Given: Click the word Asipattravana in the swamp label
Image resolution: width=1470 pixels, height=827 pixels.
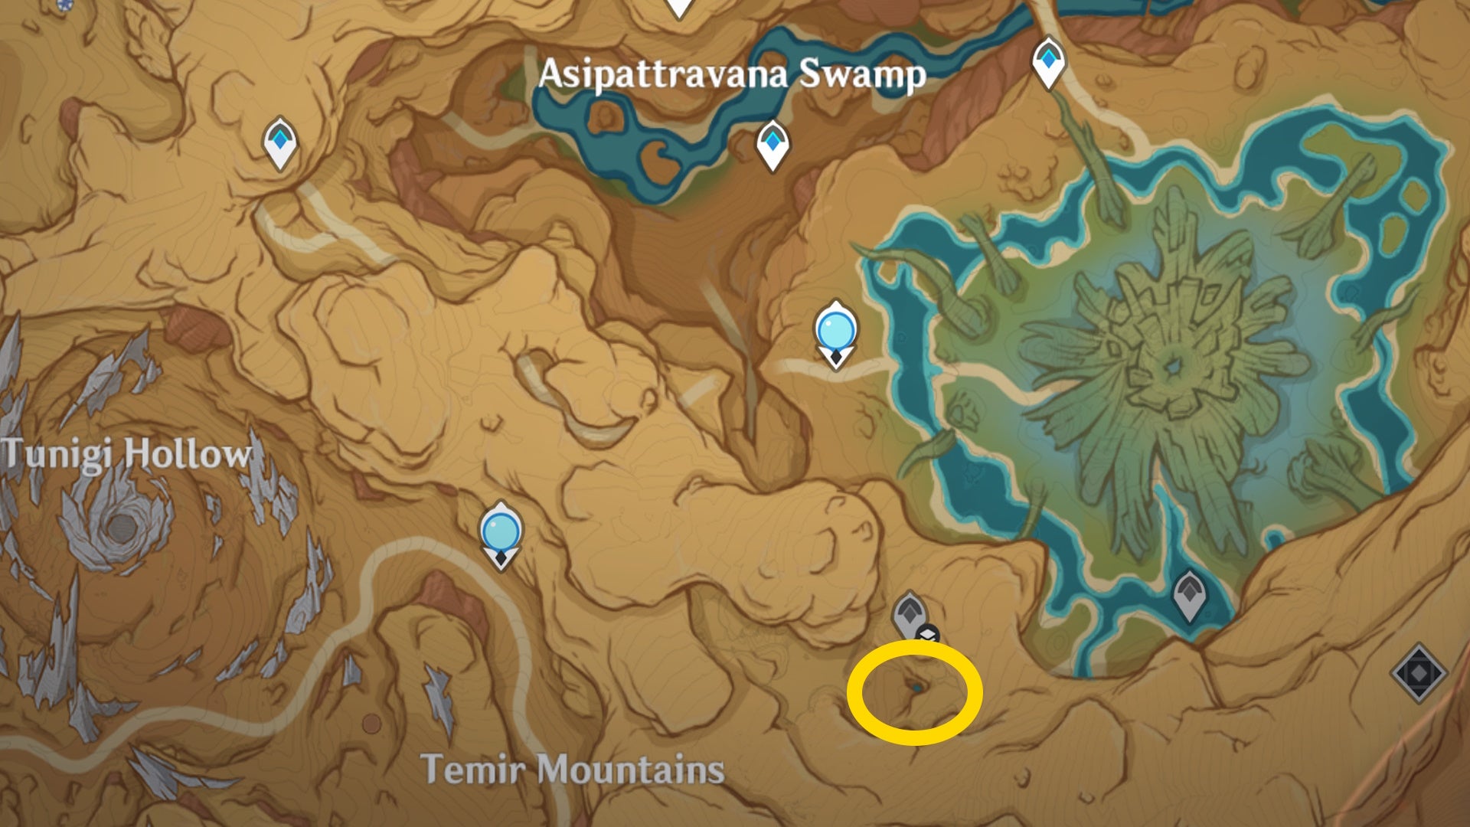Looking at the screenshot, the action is pyautogui.click(x=662, y=74).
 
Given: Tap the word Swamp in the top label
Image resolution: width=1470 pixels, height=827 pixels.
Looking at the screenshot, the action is pyautogui.click(x=862, y=74).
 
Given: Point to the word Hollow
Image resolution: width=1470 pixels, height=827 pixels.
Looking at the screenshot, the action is pyautogui.click(x=188, y=453).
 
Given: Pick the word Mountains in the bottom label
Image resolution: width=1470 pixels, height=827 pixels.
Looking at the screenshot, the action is pyautogui.click(x=635, y=769).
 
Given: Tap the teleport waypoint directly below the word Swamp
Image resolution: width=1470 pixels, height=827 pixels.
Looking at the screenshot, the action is pyautogui.click(x=773, y=143).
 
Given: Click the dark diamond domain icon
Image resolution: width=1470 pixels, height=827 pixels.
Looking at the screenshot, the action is pyautogui.click(x=1418, y=672).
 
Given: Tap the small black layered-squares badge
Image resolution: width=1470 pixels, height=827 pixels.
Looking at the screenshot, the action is pyautogui.click(x=928, y=635).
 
